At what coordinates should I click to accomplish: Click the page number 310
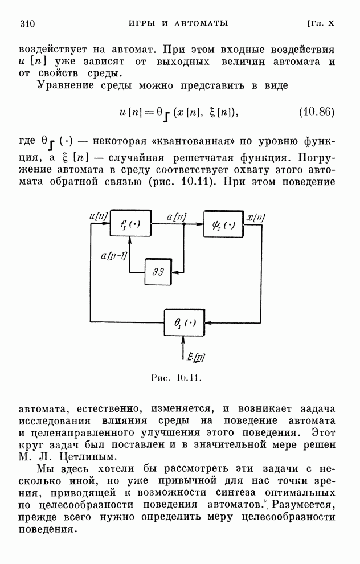[x=27, y=24]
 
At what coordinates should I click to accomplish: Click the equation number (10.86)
[x=317, y=112]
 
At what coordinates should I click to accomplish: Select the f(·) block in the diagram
[x=130, y=223]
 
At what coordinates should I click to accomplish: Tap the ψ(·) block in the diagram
[x=223, y=224]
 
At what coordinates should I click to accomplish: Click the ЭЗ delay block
[x=158, y=272]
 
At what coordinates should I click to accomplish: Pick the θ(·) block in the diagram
[x=185, y=322]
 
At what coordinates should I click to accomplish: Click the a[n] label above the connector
[x=177, y=217]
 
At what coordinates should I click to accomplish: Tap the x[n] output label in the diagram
[x=255, y=218]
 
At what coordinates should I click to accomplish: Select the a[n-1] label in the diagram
[x=114, y=256]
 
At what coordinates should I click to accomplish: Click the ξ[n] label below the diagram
[x=197, y=357]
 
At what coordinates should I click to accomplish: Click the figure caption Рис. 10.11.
[x=176, y=378]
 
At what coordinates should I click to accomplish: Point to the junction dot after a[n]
[x=184, y=224]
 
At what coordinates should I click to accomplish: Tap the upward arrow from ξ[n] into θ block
[x=183, y=348]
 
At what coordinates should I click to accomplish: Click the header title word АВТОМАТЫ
[x=201, y=23]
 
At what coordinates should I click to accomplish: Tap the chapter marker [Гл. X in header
[x=321, y=23]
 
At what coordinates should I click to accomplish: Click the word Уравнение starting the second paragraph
[x=67, y=86]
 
